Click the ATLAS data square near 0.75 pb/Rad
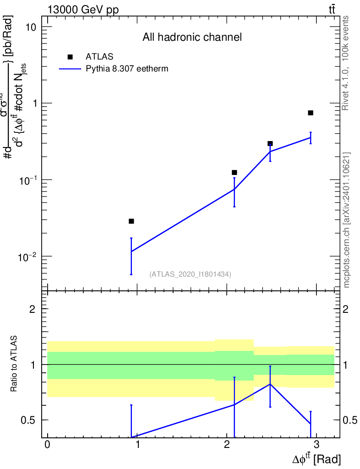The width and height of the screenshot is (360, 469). pyautogui.click(x=311, y=113)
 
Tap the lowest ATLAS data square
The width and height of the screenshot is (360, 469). pyautogui.click(x=131, y=221)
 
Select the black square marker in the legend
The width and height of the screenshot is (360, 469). pyautogui.click(x=70, y=57)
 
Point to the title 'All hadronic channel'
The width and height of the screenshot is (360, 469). pyautogui.click(x=192, y=37)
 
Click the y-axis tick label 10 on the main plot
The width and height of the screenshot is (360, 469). pyautogui.click(x=31, y=27)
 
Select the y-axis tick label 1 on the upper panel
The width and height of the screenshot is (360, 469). pyautogui.click(x=34, y=104)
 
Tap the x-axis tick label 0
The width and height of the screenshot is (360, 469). pyautogui.click(x=47, y=446)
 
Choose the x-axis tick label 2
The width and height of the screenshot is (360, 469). pyautogui.click(x=227, y=446)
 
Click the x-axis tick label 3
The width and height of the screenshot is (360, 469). pyautogui.click(x=316, y=446)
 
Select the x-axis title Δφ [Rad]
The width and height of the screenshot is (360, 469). pyautogui.click(x=316, y=459)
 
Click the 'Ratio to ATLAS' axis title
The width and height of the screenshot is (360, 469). pyautogui.click(x=15, y=364)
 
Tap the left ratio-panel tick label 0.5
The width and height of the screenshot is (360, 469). pyautogui.click(x=29, y=420)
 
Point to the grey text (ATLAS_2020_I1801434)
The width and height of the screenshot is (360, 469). pyautogui.click(x=190, y=274)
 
